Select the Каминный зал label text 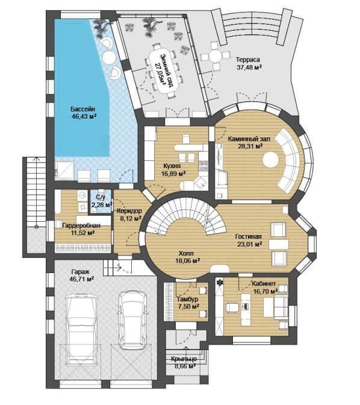click(249, 139)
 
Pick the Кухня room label click(172, 166)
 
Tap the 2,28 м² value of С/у click(102, 205)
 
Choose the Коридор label click(129, 211)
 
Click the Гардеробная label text click(81, 226)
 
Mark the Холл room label click(186, 253)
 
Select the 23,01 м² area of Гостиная click(250, 244)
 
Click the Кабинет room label click(264, 284)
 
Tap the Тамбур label click(188, 300)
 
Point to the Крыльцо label click(184, 359)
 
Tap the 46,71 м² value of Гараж click(81, 279)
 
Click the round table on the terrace click(216, 55)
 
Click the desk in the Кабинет click(246, 310)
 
